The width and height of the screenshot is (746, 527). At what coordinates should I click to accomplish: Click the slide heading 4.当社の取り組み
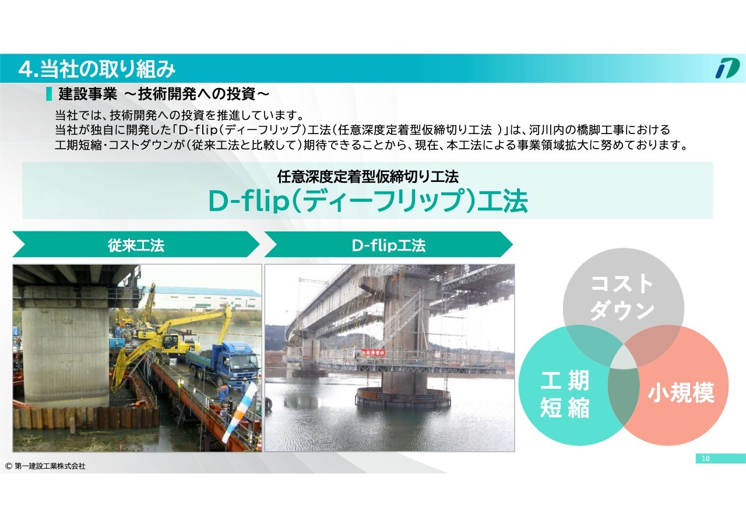point(97,69)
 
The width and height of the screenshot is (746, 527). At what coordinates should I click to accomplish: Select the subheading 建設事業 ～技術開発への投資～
point(164,94)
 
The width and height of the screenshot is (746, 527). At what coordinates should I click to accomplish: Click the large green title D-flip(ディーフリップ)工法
point(368,201)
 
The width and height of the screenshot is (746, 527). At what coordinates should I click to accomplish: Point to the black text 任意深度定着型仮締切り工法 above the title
point(368,177)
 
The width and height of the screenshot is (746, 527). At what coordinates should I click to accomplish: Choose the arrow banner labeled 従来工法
point(136,244)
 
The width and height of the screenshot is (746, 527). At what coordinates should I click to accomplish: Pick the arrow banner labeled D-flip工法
point(389,244)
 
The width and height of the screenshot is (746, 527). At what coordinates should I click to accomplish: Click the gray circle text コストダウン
point(622,297)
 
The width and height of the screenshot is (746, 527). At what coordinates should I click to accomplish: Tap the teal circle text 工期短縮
point(565,394)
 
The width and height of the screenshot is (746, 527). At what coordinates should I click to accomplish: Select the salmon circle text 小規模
point(681,392)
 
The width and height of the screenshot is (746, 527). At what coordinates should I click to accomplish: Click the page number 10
point(705,459)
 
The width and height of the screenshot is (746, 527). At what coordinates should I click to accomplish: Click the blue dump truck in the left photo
point(223,365)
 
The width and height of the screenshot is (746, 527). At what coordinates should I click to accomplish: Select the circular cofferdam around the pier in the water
point(403,397)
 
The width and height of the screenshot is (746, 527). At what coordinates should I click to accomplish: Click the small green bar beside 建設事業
point(49,94)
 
